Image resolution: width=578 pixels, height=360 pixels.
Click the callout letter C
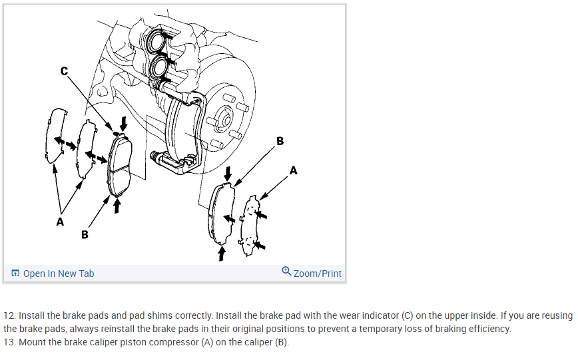[x=64, y=71]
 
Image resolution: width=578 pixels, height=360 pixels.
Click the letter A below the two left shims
[x=60, y=222]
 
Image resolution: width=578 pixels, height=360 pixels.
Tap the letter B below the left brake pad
[x=84, y=234]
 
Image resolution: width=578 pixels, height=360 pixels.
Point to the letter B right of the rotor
[x=280, y=141]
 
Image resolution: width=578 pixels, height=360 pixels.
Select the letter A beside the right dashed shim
[x=294, y=171]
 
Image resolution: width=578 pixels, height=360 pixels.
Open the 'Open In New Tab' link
[x=59, y=273]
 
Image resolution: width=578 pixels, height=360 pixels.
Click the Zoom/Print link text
[x=318, y=273]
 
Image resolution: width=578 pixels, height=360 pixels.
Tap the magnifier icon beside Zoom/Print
[x=286, y=271]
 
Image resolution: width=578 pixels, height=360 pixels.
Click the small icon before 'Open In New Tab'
[x=15, y=273]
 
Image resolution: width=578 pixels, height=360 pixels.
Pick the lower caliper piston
[x=160, y=67]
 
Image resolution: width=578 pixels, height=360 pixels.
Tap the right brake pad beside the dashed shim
[x=222, y=212]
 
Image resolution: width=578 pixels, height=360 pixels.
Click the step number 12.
[x=9, y=315]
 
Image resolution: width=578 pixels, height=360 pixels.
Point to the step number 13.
[x=9, y=342]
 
